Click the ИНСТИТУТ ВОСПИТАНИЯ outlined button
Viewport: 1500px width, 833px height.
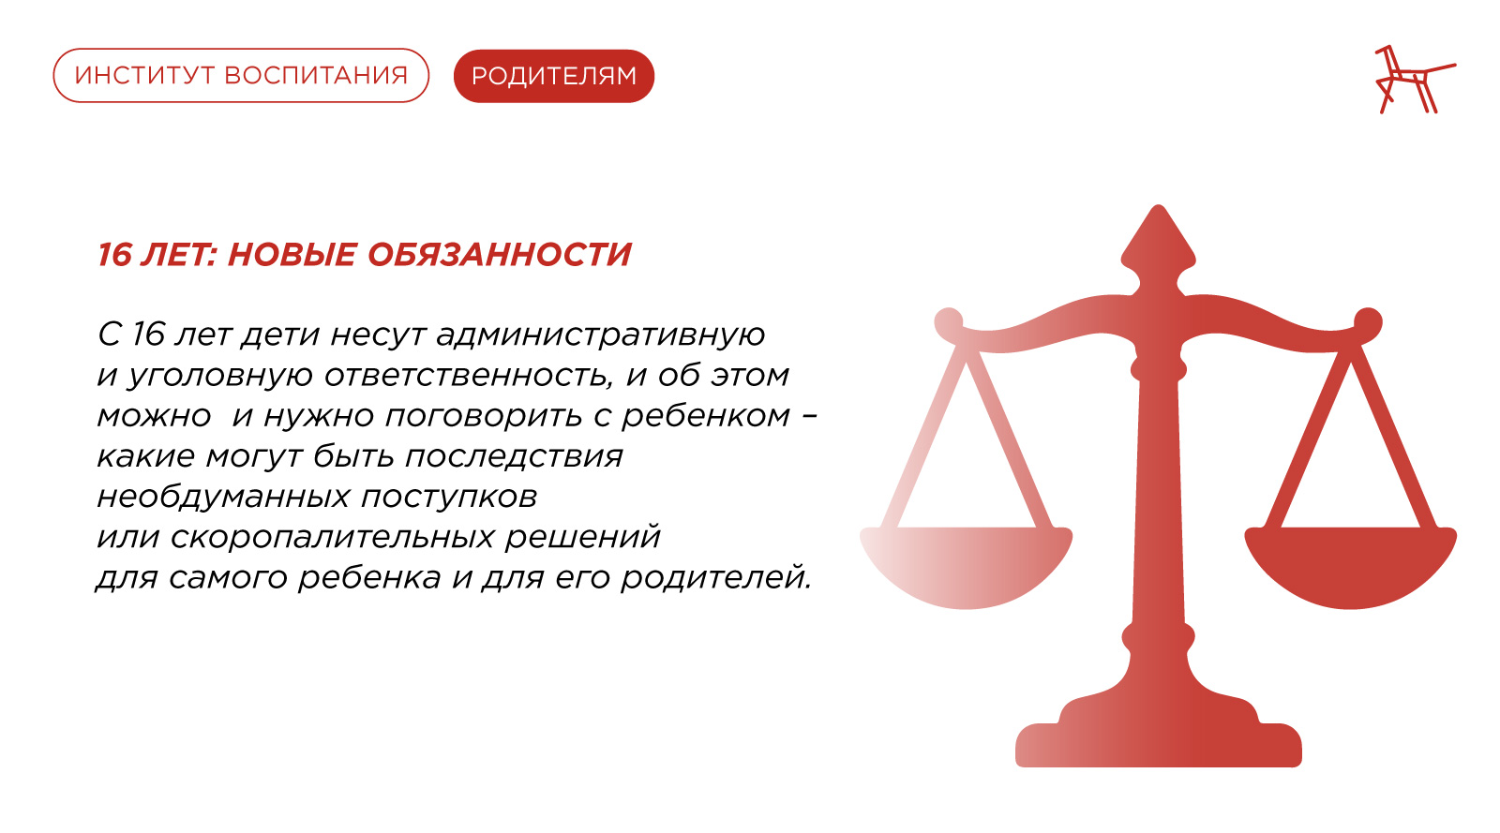(x=241, y=76)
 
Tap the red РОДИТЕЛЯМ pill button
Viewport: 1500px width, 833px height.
(x=554, y=76)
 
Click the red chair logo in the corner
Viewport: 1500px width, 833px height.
(x=1415, y=79)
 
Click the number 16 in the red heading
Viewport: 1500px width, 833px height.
(x=113, y=255)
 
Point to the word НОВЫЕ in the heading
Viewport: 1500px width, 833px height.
(x=292, y=255)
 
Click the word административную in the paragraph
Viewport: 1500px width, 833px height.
(x=601, y=335)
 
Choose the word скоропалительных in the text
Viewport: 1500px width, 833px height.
(x=333, y=538)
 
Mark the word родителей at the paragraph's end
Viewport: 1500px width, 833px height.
(x=715, y=578)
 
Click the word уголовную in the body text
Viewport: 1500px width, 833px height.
(x=219, y=376)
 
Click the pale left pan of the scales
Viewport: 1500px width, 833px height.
(x=966, y=568)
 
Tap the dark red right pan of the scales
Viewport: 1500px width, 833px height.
(x=1350, y=568)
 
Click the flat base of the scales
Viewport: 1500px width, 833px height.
(x=1159, y=745)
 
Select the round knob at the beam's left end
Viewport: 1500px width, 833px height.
(x=948, y=321)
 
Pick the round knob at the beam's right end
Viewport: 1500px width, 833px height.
(x=1368, y=321)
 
